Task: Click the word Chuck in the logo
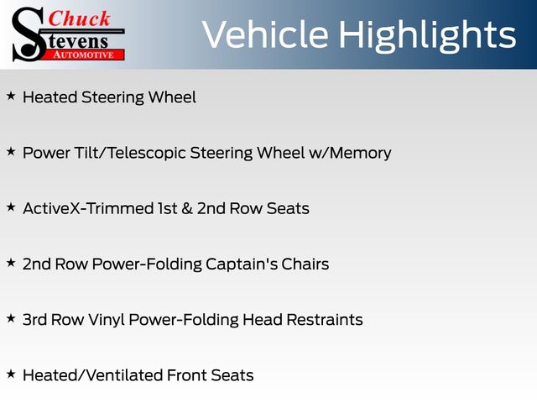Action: tap(79, 18)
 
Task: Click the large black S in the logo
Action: tap(29, 34)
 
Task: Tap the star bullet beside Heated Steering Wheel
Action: tap(11, 97)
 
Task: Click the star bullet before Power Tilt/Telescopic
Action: tap(11, 151)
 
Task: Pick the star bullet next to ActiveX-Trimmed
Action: tap(11, 207)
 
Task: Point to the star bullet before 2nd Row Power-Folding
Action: tap(11, 263)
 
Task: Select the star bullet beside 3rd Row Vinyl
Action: tap(11, 318)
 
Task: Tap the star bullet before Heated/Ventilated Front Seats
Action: tap(11, 374)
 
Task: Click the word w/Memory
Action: tap(350, 153)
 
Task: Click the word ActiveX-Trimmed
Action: tap(88, 208)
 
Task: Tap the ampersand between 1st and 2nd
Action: tap(187, 209)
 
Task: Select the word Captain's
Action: tap(242, 264)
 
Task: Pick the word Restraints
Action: tap(325, 320)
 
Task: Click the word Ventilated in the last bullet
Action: tap(124, 375)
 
